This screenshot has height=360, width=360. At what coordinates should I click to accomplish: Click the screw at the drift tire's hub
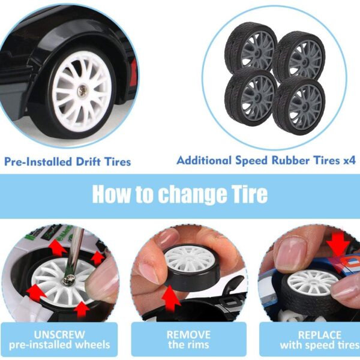click(83, 90)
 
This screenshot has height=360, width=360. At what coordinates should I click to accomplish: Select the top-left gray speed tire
click(250, 49)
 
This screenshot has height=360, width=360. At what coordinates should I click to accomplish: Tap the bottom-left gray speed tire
click(251, 96)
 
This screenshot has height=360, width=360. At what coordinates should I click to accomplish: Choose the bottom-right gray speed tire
click(299, 106)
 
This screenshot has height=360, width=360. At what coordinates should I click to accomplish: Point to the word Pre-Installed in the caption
click(38, 161)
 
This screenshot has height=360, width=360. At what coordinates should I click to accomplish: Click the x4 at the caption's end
click(349, 160)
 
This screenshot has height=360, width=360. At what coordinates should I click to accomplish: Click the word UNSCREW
click(59, 335)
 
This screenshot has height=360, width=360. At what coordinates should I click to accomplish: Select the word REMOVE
click(188, 335)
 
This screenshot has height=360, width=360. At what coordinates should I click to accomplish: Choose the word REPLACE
click(319, 335)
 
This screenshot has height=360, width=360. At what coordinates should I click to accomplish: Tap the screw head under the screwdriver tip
click(68, 280)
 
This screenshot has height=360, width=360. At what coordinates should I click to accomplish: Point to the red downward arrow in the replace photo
click(338, 247)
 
